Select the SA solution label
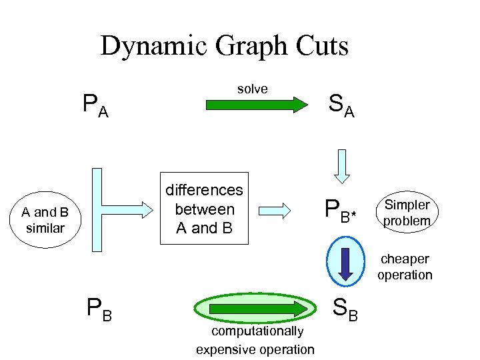click(x=341, y=105)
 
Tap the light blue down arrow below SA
click(x=342, y=165)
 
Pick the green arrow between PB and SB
click(x=256, y=309)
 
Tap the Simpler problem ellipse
click(x=407, y=213)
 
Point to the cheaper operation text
click(x=404, y=267)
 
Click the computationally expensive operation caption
click(x=255, y=340)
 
